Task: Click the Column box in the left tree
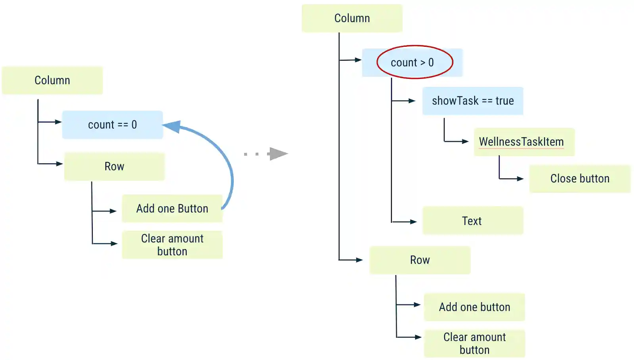(x=52, y=80)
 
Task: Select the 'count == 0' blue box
(x=113, y=125)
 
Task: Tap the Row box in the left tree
(x=114, y=167)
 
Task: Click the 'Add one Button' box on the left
(x=172, y=209)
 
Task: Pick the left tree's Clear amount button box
(x=172, y=245)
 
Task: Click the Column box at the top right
(x=352, y=18)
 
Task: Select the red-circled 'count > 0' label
(x=412, y=63)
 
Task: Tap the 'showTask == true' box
(x=473, y=101)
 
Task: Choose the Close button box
(x=580, y=179)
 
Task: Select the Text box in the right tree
(x=472, y=221)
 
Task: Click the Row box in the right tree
(x=420, y=260)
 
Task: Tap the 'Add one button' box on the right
(x=474, y=307)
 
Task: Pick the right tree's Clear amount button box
(x=474, y=344)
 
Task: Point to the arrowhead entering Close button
(x=520, y=179)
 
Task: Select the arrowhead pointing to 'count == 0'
(x=59, y=122)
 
